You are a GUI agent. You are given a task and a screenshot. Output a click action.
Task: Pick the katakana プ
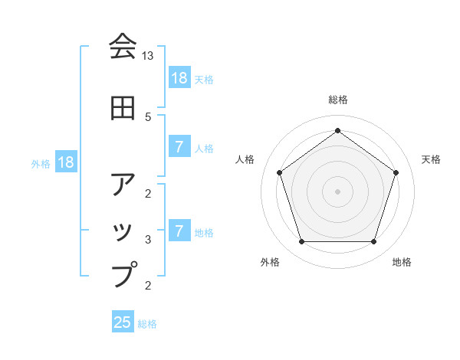(123, 274)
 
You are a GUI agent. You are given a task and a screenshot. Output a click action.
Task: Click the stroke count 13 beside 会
(148, 56)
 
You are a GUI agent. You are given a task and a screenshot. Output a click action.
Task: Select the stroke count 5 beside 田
(148, 117)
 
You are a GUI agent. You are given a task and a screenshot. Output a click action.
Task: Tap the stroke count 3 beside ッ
(148, 240)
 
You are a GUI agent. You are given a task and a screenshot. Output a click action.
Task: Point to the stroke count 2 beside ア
(148, 192)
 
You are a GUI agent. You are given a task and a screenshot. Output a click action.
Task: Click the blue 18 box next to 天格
(179, 78)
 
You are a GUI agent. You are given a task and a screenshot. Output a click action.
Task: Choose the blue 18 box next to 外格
(65, 162)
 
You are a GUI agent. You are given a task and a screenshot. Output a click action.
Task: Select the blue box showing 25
(123, 322)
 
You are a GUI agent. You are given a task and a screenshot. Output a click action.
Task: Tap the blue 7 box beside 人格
(179, 147)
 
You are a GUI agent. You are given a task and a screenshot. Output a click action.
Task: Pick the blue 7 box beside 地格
(179, 231)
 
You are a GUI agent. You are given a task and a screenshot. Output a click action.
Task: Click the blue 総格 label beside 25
(148, 324)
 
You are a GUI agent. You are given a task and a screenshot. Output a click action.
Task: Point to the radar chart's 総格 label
(337, 100)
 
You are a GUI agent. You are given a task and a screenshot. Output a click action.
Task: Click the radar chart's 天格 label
(431, 159)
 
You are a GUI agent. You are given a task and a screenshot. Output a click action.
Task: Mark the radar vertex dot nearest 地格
(373, 242)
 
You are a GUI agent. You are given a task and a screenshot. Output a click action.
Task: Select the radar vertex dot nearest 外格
(301, 242)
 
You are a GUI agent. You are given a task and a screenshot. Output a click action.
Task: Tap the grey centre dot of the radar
(337, 191)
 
